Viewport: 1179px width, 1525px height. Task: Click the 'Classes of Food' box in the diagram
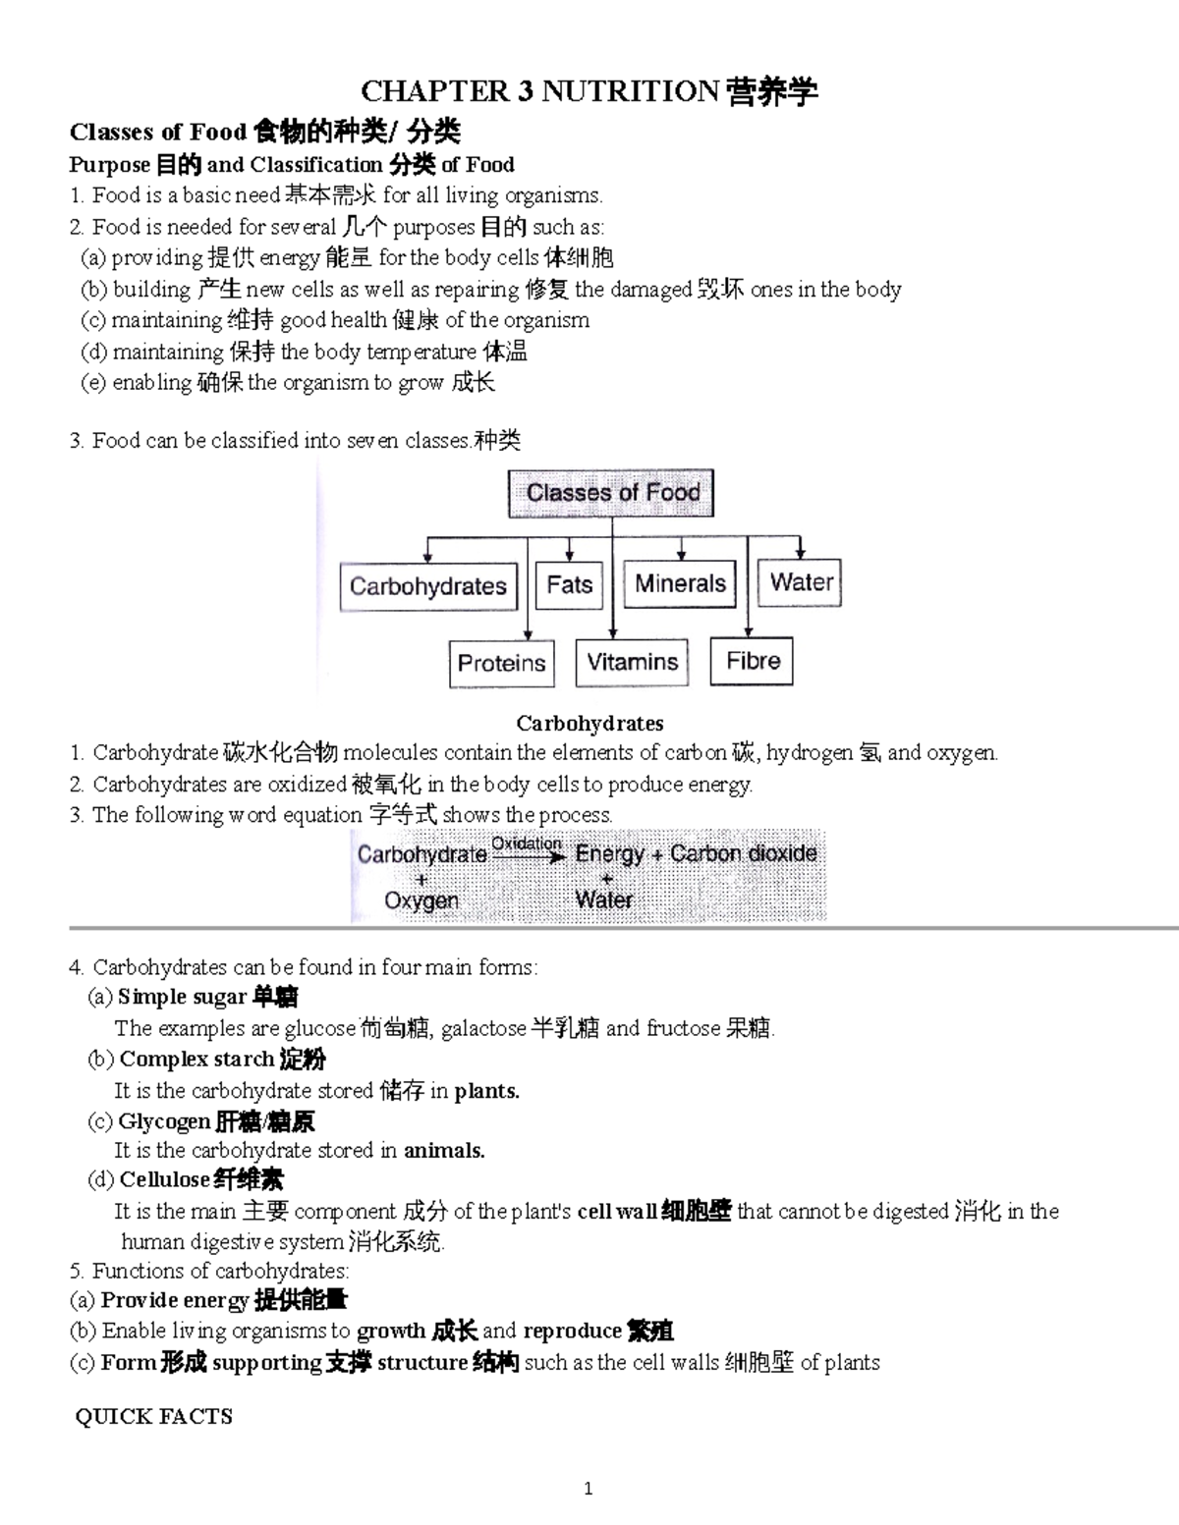pos(611,493)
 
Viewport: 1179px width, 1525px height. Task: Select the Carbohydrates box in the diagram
pos(428,586)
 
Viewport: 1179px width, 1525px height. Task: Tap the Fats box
pos(570,585)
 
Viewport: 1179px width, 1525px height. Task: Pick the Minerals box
pos(680,584)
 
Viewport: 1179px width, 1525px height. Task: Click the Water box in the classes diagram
pos(801,582)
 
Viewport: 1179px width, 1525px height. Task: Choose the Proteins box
pos(501,663)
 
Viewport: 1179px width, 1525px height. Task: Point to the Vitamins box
pos(632,662)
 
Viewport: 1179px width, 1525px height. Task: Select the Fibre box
pos(753,661)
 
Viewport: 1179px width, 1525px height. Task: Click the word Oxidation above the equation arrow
pos(526,844)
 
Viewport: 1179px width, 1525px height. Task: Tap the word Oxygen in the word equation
pos(421,900)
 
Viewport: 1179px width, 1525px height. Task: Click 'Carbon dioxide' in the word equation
pos(743,853)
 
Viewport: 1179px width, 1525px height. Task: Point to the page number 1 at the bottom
pos(589,1489)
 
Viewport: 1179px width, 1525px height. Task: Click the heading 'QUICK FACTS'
pos(154,1416)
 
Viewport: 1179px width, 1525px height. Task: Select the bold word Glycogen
pos(164,1121)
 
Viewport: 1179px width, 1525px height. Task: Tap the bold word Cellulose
pos(164,1179)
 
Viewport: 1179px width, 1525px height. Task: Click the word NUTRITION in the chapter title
pos(630,92)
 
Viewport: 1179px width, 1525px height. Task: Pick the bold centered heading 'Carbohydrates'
pos(589,724)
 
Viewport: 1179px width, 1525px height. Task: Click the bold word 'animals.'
pos(444,1150)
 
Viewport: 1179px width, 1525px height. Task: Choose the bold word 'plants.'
pos(486,1090)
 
